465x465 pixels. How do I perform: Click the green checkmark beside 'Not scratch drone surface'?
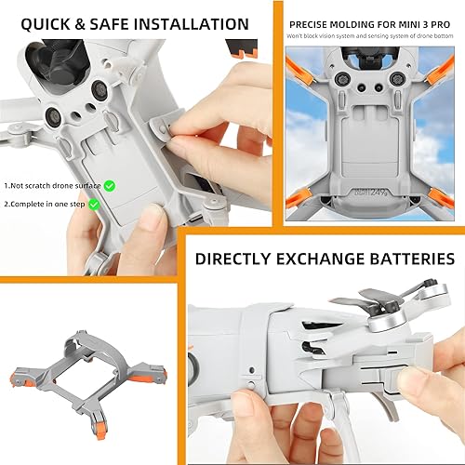109,186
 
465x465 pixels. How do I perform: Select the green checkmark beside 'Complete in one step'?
94,204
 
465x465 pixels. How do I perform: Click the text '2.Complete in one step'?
46,204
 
